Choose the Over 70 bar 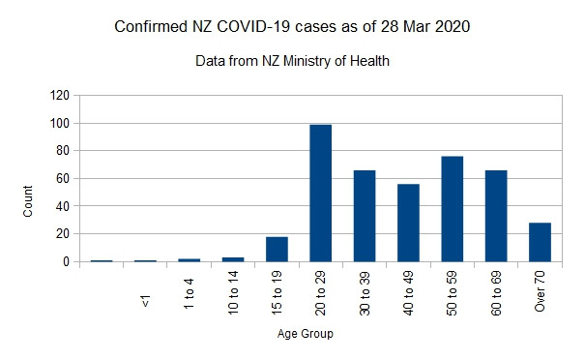(x=540, y=242)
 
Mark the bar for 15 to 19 (x=277, y=249)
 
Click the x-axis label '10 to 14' (x=233, y=290)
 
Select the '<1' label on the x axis (x=145, y=302)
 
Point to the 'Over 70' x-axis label (x=541, y=290)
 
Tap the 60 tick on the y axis (x=62, y=179)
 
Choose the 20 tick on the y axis (x=62, y=234)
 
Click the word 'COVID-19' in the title (x=259, y=26)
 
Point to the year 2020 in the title (x=453, y=26)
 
